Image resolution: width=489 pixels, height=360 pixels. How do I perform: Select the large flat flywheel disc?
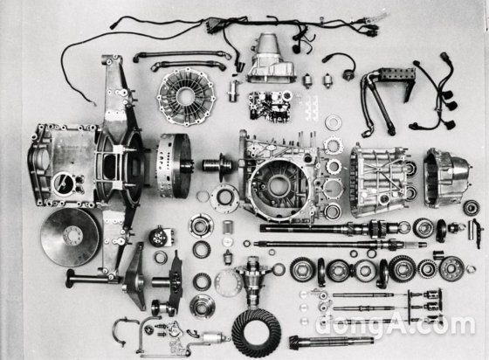coord(70,238)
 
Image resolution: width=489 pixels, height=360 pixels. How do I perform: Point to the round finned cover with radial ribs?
coord(187,97)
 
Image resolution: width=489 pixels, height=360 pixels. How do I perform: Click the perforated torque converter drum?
coord(174,166)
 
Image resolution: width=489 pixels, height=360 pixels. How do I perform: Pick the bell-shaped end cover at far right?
coord(447,178)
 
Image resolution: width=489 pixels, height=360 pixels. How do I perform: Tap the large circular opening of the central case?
coord(276,186)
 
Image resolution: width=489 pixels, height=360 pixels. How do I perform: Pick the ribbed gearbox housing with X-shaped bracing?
coord(379,181)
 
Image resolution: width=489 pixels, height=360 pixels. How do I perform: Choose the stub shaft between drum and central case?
coord(218,165)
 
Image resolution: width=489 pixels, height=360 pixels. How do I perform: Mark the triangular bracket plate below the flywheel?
coord(135,277)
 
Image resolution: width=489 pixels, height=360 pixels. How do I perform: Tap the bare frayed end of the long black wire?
coord(94,104)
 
